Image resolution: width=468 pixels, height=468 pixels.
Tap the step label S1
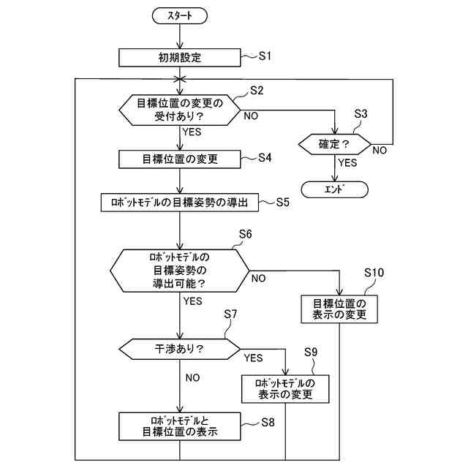[265, 56]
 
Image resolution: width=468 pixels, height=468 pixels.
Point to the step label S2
[257, 90]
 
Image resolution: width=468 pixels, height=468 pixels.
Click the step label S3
[361, 114]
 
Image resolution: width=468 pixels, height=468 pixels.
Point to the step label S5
[283, 202]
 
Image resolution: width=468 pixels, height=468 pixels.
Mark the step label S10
[374, 273]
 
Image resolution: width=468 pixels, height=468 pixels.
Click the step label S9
[311, 352]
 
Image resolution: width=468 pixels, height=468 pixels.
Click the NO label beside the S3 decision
[380, 150]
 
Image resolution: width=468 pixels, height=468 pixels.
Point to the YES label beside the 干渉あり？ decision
[254, 358]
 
